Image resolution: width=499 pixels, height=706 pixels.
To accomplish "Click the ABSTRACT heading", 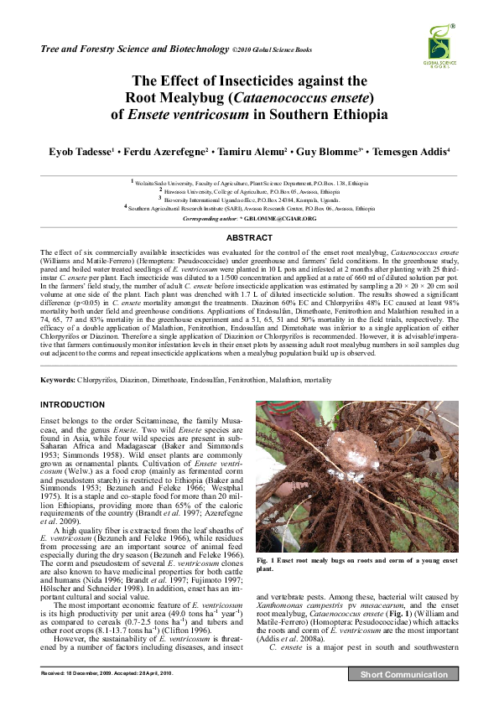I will coord(248,238).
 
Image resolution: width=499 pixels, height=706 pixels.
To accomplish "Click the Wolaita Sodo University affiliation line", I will coord(252,182).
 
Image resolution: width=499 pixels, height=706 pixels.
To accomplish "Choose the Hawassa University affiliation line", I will coord(252,191).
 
